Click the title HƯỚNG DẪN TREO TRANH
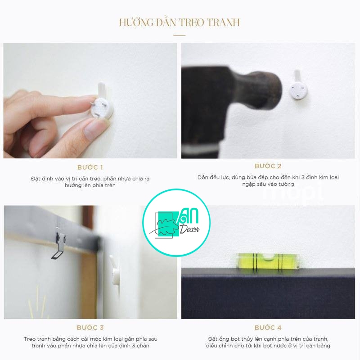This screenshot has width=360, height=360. tap(180, 22)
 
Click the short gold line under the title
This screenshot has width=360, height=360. tap(180, 35)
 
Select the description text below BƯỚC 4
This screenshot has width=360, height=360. tap(269, 342)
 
